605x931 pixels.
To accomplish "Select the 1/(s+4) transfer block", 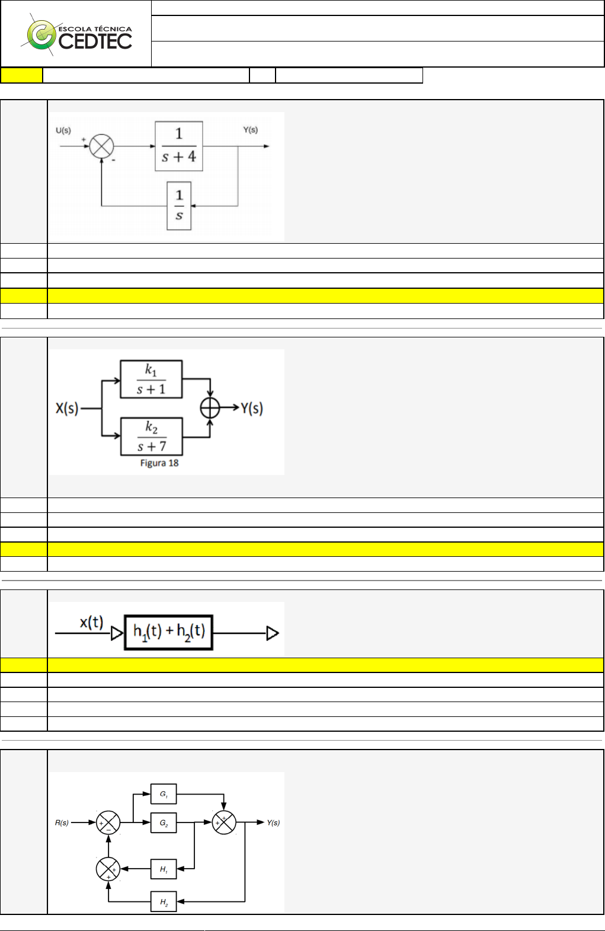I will click(179, 146).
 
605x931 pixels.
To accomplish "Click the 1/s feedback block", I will click(179, 206).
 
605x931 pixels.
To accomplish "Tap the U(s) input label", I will click(63, 130).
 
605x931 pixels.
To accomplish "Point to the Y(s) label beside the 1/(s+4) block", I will click(251, 130).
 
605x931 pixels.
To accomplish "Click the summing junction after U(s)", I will click(101, 146).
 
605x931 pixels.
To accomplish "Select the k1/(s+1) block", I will click(151, 380).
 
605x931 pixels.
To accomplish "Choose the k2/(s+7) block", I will click(152, 436).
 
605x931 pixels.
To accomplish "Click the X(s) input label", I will click(67, 408).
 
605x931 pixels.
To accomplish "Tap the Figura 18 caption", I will click(159, 463).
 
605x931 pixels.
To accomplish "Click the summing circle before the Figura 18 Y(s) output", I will click(210, 408).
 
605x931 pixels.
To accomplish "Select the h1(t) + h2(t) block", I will click(169, 633).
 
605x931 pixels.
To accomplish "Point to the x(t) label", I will click(92, 623).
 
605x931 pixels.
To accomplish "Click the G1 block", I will click(164, 794).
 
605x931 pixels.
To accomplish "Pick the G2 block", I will click(164, 823).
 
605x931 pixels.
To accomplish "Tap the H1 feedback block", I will click(164, 869).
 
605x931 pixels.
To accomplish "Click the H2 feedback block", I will click(164, 902).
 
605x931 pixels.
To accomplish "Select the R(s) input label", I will click(62, 823).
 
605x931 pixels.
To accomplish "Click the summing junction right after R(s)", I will click(108, 823).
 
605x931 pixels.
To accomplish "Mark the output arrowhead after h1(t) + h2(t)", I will click(273, 633).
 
